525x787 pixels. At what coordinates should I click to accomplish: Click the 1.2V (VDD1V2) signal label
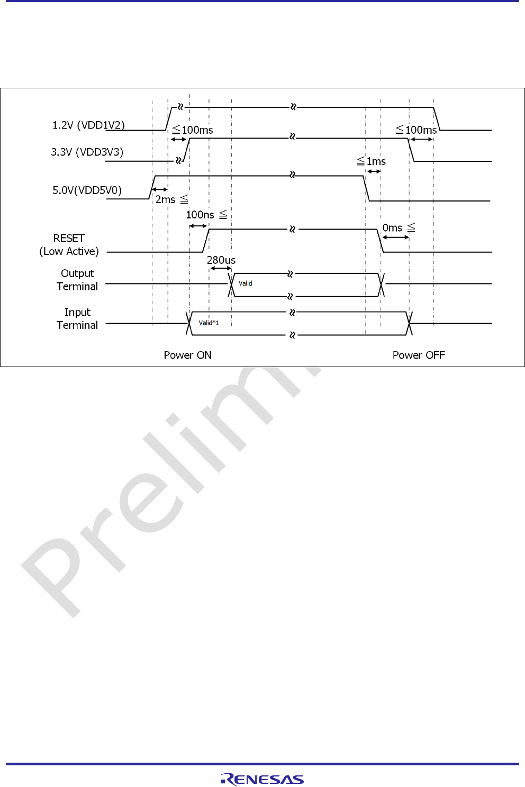pos(88,125)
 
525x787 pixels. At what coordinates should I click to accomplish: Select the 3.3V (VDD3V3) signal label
pos(87,152)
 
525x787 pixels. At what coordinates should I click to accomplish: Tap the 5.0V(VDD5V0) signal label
pos(87,190)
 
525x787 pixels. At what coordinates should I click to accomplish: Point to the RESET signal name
pos(69,239)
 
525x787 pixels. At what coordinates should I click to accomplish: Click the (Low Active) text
pos(69,251)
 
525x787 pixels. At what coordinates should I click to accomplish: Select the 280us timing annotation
pos(221,260)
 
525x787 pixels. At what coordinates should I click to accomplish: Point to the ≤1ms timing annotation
pos(371,161)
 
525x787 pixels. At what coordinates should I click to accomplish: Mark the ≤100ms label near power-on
pos(193,130)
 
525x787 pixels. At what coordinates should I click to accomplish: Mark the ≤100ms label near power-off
pos(417,130)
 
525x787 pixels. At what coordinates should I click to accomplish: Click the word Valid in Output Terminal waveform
pos(246,283)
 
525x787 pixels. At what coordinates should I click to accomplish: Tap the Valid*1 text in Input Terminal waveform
pos(209,323)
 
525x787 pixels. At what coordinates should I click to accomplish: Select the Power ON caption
pos(187,355)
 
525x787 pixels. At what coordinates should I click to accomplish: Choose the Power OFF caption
pos(419,355)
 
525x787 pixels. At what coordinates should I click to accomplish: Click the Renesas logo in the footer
pos(262,779)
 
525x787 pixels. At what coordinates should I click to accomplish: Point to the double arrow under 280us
pos(221,269)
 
